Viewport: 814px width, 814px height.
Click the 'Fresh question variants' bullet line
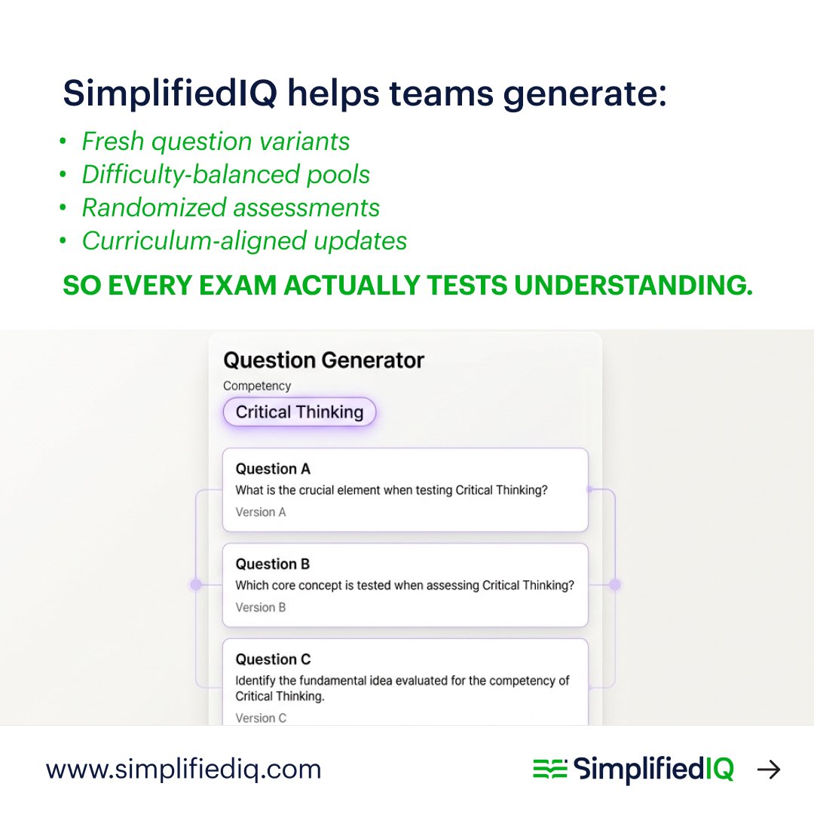[x=216, y=142]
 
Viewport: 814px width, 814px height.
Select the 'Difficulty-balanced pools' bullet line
[x=225, y=175]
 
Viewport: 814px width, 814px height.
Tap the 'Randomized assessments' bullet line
[x=231, y=208]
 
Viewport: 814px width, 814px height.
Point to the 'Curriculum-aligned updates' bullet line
[x=244, y=241]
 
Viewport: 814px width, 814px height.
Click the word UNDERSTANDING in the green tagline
[x=640, y=287]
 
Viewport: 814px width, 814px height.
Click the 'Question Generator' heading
[x=324, y=360]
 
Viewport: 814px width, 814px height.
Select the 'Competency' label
[x=257, y=386]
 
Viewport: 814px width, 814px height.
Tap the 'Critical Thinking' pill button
[x=299, y=412]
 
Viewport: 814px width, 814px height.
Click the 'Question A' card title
[x=273, y=469]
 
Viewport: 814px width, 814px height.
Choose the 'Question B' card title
[x=273, y=564]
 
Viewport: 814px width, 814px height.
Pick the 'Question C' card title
[x=273, y=659]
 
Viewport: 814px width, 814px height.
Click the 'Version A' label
[x=261, y=513]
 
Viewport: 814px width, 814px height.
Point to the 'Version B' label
[x=261, y=607]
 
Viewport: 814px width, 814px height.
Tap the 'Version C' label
[x=261, y=718]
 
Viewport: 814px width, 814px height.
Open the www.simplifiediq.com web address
[x=184, y=770]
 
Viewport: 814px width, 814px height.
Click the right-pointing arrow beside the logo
[x=769, y=770]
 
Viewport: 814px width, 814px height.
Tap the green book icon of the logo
[x=549, y=770]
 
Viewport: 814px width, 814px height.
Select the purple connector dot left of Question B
[x=196, y=584]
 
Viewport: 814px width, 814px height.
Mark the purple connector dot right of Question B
[x=615, y=584]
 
